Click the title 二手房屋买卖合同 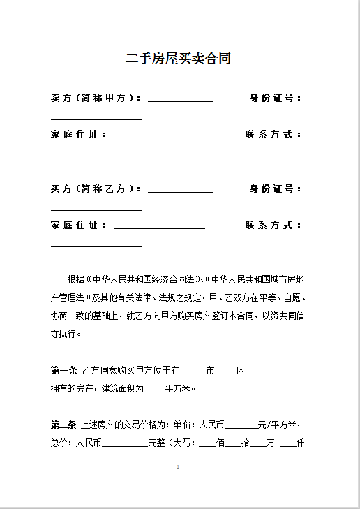click(x=178, y=59)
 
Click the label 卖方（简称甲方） click(x=95, y=98)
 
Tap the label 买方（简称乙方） click(x=95, y=189)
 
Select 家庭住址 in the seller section click(x=77, y=135)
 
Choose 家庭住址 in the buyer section click(x=77, y=226)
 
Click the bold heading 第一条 click(x=63, y=371)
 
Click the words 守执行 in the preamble click(x=66, y=334)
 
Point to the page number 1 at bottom click(x=179, y=466)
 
